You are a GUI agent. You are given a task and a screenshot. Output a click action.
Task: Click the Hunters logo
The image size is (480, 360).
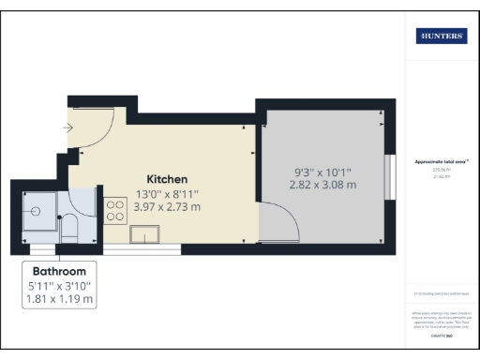click(442, 37)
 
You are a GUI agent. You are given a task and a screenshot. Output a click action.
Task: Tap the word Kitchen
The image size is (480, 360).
click(167, 179)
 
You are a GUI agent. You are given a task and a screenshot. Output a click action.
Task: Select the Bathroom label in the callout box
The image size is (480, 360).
click(60, 267)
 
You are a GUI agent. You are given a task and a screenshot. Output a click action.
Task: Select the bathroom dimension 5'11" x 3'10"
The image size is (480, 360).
click(60, 284)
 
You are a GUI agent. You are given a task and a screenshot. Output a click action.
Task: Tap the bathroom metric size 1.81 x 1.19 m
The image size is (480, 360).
click(60, 299)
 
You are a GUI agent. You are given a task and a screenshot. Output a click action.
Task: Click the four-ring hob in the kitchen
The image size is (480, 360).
click(116, 210)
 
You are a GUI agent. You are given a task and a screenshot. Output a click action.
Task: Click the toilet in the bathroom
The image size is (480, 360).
click(68, 228)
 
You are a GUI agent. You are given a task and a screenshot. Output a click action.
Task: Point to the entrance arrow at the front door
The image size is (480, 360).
click(68, 127)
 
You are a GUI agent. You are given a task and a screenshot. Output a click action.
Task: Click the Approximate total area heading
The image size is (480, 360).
click(441, 161)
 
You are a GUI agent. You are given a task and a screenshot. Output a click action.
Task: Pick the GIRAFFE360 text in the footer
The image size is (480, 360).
click(441, 334)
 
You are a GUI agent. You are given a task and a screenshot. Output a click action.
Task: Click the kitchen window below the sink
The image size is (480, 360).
click(142, 250)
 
